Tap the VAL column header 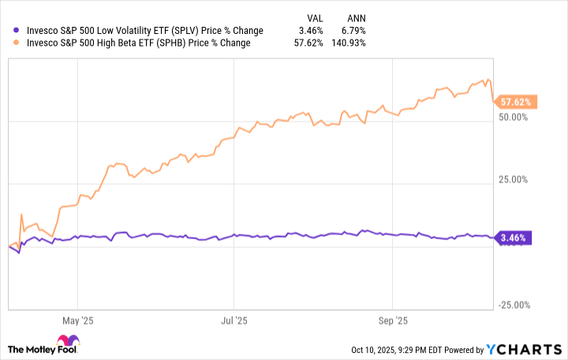315,17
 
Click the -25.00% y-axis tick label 514,306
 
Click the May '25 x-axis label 77,321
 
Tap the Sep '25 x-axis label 392,321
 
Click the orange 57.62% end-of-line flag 514,102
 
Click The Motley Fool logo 43,348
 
